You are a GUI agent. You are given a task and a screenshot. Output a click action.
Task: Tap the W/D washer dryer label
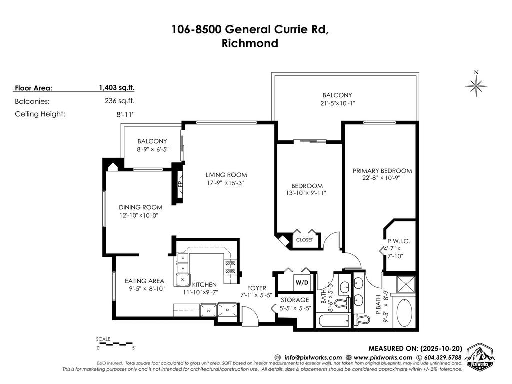[302, 282]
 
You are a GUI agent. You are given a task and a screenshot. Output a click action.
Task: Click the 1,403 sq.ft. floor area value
[117, 88]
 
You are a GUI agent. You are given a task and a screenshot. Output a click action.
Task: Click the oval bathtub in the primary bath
[404, 313]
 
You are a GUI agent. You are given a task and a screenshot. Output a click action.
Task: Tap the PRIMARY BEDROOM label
[382, 170]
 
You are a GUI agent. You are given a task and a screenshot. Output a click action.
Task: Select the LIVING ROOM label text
[226, 175]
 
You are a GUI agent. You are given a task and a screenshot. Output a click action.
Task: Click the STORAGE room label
[294, 300]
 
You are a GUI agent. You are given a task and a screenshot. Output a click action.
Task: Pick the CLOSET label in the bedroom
[304, 240]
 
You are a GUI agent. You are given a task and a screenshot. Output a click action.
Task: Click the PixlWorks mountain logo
[478, 356]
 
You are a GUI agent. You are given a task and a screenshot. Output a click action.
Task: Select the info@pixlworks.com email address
[313, 357]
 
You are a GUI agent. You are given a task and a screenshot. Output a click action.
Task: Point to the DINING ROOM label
[140, 207]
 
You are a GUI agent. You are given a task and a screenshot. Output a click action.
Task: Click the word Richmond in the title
[250, 43]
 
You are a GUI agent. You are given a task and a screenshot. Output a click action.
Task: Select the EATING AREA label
[145, 281]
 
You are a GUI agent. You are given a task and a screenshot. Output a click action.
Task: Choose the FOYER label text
[257, 288]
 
